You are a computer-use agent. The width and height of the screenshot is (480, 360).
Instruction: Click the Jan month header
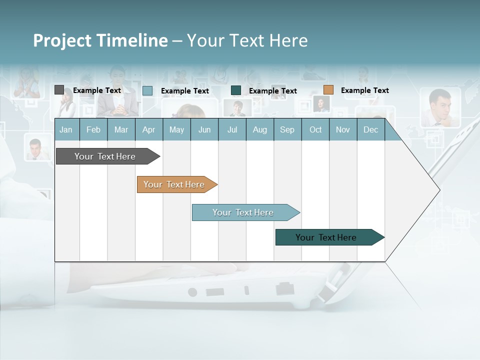pos(66,129)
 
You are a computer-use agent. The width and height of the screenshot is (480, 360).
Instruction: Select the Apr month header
pos(149,129)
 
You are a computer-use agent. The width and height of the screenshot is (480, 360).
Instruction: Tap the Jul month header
pos(232,129)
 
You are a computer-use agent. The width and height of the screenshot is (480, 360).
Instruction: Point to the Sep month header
pos(287,129)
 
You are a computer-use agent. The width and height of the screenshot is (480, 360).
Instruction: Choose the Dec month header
pos(370,129)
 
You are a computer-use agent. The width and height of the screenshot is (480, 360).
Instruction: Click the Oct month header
pos(315,129)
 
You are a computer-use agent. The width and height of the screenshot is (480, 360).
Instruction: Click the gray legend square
pos(59,90)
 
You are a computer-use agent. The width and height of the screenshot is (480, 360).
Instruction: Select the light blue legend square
pos(147,90)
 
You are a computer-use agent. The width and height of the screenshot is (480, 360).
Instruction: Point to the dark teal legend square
pos(236,90)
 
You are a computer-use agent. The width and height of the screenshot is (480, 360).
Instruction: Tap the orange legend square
pos(328,90)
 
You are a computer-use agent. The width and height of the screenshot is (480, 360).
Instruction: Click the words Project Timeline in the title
pos(100,40)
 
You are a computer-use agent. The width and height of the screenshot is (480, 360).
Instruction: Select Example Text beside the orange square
pos(364,90)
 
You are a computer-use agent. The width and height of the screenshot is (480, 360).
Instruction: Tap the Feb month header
pos(93,129)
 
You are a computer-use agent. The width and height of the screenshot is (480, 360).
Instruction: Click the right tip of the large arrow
pos(438,189)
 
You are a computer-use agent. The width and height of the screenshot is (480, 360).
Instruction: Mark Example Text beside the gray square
pos(97,90)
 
